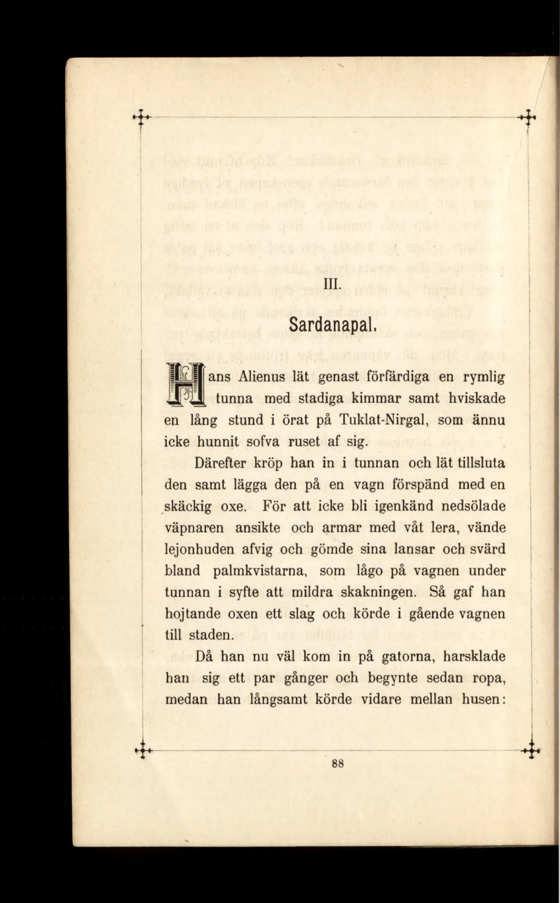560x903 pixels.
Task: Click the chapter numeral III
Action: (x=330, y=286)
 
